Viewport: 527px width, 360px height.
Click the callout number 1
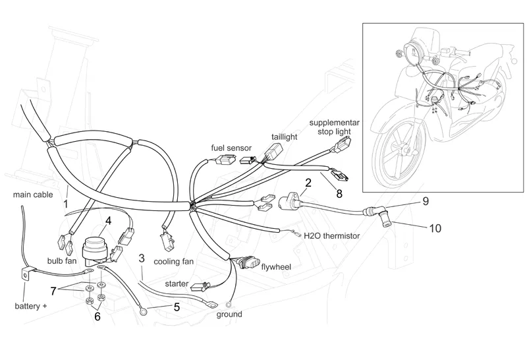pyautogui.click(x=66, y=204)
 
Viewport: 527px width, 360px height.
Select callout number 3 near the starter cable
pyautogui.click(x=141, y=258)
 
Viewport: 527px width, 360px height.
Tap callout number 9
pyautogui.click(x=426, y=199)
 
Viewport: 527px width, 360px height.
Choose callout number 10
pyautogui.click(x=435, y=229)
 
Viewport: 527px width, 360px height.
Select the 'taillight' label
pyautogui.click(x=285, y=136)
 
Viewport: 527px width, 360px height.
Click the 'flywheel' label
pyautogui.click(x=275, y=267)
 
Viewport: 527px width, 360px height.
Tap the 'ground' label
pyautogui.click(x=229, y=315)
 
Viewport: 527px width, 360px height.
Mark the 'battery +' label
pyautogui.click(x=31, y=307)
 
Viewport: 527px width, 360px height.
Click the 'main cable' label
pyautogui.click(x=32, y=195)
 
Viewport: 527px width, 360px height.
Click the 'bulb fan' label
pyautogui.click(x=62, y=260)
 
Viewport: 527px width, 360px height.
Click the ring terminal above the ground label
pyautogui.click(x=229, y=304)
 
